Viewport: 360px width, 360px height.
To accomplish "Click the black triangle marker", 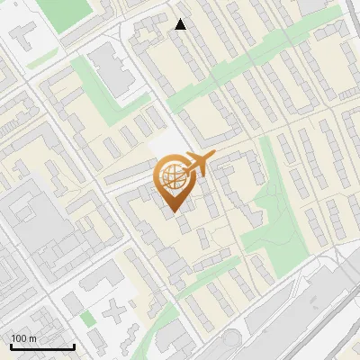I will tap(181, 24).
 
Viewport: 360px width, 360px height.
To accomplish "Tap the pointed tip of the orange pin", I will tap(172, 211).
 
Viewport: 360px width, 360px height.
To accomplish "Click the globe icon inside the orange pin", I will tap(171, 175).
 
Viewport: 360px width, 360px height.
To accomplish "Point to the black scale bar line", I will tap(42, 346).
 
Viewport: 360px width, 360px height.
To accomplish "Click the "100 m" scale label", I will tap(24, 338).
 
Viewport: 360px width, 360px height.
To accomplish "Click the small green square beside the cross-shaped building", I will tap(87, 319).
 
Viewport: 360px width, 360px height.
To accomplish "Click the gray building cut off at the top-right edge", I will tap(320, 5).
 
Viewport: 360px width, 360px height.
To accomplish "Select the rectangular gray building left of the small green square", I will tap(69, 303).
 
